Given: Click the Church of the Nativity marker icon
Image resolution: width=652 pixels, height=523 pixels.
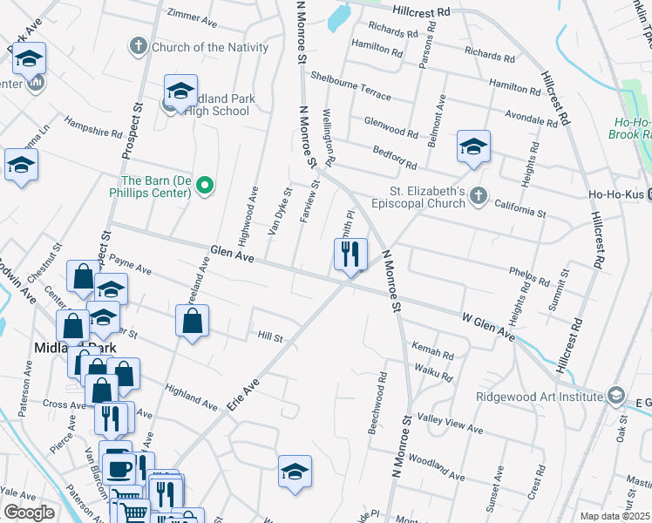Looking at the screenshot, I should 139,47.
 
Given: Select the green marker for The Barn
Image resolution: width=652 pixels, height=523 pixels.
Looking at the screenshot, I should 205,186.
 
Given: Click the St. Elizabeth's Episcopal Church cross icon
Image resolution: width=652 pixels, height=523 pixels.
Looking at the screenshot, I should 478,198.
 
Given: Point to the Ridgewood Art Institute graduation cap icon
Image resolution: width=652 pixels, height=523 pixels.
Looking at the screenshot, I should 616,397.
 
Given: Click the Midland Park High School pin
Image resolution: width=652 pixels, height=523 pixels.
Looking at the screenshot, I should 180,92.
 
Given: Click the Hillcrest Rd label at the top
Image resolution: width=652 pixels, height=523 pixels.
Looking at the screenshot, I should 421,12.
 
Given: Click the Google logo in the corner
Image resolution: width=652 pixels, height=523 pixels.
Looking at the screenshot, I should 29,513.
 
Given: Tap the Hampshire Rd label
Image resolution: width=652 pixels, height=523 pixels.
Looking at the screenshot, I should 93,128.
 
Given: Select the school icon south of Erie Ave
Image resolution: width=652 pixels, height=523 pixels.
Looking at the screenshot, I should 295,471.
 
